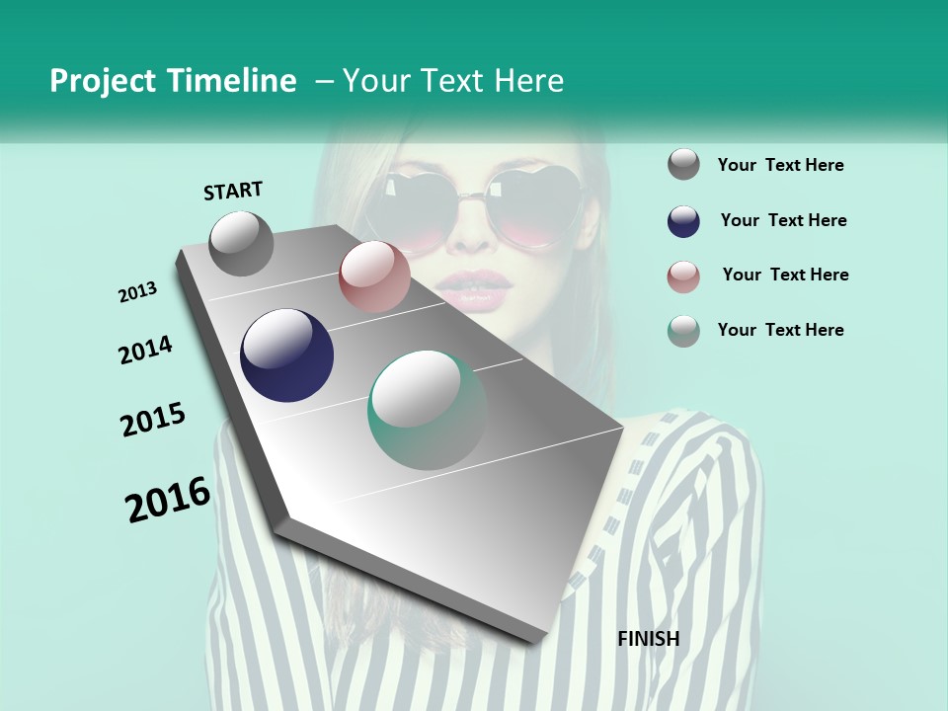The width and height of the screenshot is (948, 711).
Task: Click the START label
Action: click(233, 191)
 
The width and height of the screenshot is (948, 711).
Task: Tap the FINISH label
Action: click(648, 639)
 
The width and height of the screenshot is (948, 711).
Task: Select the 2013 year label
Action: click(138, 292)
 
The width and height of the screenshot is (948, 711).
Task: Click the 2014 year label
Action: click(145, 350)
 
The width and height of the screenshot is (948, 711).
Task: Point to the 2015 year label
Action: click(153, 420)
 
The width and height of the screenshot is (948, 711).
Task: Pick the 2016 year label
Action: click(168, 500)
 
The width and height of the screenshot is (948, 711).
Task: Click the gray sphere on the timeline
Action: click(242, 243)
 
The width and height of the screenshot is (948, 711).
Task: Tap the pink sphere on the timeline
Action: click(374, 276)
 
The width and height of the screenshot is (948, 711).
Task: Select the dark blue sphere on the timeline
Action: click(287, 355)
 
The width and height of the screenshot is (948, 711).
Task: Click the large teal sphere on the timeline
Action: click(428, 410)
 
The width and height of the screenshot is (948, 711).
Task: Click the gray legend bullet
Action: click(683, 164)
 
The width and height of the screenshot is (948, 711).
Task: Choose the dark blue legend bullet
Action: click(683, 221)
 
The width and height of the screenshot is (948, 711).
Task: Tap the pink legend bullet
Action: click(683, 276)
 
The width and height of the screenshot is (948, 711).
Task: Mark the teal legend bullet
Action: click(683, 331)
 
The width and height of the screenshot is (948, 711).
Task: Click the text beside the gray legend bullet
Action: click(780, 165)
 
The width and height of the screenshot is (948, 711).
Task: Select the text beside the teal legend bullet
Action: click(780, 330)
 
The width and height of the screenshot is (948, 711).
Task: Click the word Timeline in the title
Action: click(234, 81)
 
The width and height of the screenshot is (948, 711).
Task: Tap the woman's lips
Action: click(475, 287)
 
